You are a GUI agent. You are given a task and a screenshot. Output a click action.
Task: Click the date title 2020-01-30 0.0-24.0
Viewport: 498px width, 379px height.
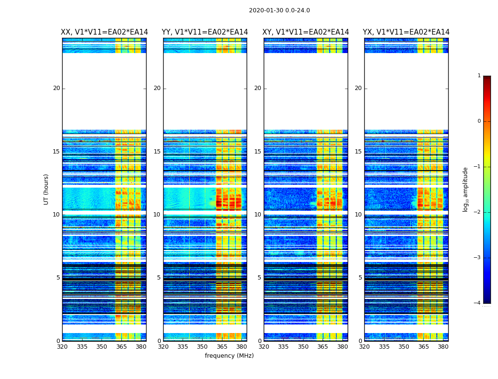pyautogui.click(x=279, y=10)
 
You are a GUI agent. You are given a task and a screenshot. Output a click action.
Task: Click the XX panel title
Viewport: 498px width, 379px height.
pyautogui.click(x=104, y=32)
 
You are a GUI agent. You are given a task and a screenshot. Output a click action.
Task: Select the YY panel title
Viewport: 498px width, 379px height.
pyautogui.click(x=205, y=32)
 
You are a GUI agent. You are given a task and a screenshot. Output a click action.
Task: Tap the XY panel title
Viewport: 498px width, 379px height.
pyautogui.click(x=306, y=32)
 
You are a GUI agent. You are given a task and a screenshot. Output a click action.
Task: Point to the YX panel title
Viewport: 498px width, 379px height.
pyautogui.click(x=406, y=32)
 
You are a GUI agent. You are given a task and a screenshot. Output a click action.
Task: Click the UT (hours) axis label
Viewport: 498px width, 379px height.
pyautogui.click(x=46, y=189)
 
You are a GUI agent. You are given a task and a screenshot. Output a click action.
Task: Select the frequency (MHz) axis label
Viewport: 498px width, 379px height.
pyautogui.click(x=229, y=356)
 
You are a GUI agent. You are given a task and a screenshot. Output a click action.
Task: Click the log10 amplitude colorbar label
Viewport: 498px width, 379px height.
pyautogui.click(x=466, y=189)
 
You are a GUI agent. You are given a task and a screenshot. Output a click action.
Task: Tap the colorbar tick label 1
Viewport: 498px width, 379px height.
pyautogui.click(x=479, y=76)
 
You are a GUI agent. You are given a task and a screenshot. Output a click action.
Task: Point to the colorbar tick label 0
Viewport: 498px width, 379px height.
pyautogui.click(x=479, y=121)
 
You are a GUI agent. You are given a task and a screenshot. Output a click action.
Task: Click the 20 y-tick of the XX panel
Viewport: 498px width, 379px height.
pyautogui.click(x=56, y=88)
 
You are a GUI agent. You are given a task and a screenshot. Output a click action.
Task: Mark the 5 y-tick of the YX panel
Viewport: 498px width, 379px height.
pyautogui.click(x=360, y=278)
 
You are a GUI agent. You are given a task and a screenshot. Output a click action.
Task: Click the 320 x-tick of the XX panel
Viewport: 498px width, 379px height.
pyautogui.click(x=62, y=347)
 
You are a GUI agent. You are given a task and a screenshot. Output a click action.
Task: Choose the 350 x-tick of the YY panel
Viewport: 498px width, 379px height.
pyautogui.click(x=203, y=347)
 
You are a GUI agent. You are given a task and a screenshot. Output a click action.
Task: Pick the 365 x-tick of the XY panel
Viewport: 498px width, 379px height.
pyautogui.click(x=323, y=347)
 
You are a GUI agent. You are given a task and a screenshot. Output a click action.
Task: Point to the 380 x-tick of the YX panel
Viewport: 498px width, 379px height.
pyautogui.click(x=443, y=347)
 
